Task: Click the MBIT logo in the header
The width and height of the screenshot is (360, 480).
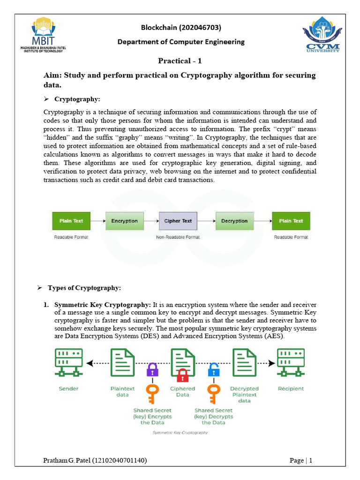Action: tap(47, 35)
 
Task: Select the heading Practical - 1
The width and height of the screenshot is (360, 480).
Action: tap(180, 60)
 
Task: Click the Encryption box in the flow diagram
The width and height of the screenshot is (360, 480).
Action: tap(124, 221)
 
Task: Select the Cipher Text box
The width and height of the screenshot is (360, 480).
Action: tap(178, 221)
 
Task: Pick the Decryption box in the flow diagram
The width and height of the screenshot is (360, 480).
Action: tap(234, 221)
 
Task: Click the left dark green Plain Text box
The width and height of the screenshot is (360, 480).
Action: tap(71, 221)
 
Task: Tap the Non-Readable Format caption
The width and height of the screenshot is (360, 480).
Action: tap(178, 237)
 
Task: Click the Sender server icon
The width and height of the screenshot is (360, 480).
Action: tap(68, 362)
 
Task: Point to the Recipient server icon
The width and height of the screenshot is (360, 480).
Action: tap(291, 362)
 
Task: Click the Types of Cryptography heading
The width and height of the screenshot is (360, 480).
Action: tap(88, 287)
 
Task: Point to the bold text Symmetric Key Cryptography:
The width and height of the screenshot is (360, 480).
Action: tap(103, 305)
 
